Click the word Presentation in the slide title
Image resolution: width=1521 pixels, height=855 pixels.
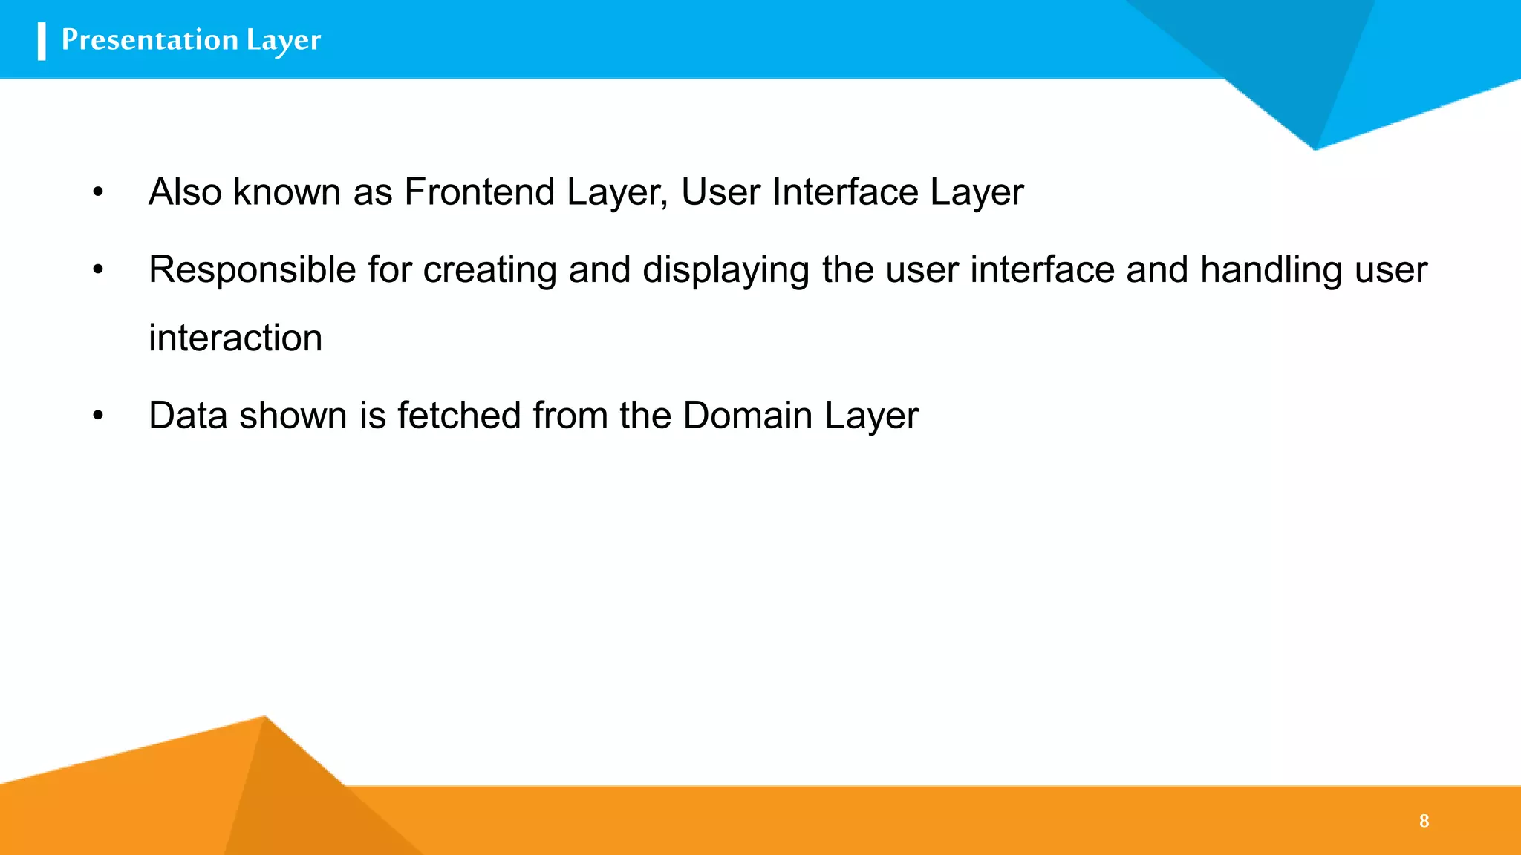pos(149,39)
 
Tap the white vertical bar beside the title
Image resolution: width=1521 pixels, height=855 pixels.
pos(42,41)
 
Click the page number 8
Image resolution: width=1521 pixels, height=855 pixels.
pos(1424,821)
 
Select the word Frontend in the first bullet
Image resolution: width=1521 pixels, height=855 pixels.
pos(480,192)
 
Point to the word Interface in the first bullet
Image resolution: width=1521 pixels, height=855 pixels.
pos(845,192)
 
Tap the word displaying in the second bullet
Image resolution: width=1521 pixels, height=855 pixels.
pos(726,270)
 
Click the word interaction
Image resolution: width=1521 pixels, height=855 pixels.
pos(235,338)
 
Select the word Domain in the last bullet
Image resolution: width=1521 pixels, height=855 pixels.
pos(748,416)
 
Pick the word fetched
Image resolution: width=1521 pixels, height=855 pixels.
pos(459,416)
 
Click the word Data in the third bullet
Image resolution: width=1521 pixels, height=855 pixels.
pos(188,416)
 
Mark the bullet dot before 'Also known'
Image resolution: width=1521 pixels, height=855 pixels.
pos(98,193)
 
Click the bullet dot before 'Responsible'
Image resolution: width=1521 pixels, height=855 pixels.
pos(98,270)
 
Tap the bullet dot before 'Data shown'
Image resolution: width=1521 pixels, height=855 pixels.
pos(98,416)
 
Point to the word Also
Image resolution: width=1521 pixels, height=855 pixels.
pos(185,192)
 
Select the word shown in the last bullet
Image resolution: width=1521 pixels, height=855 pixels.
pos(293,416)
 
